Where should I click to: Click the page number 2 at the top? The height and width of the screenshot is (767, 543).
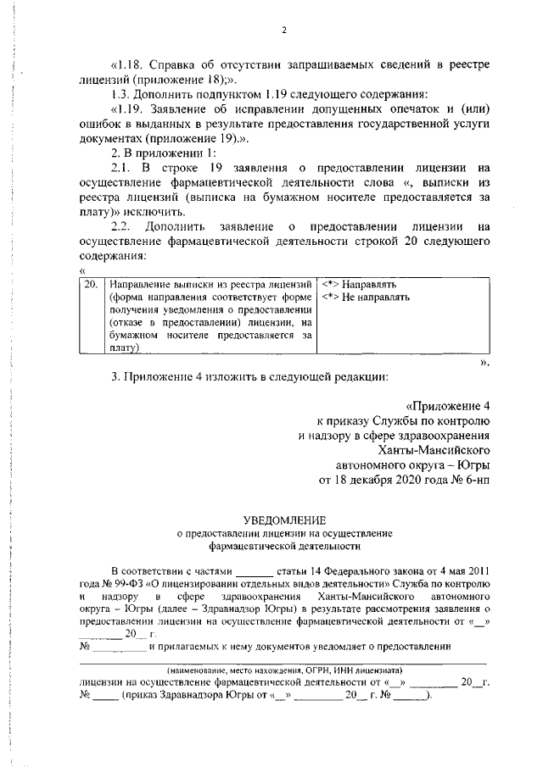(284, 31)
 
